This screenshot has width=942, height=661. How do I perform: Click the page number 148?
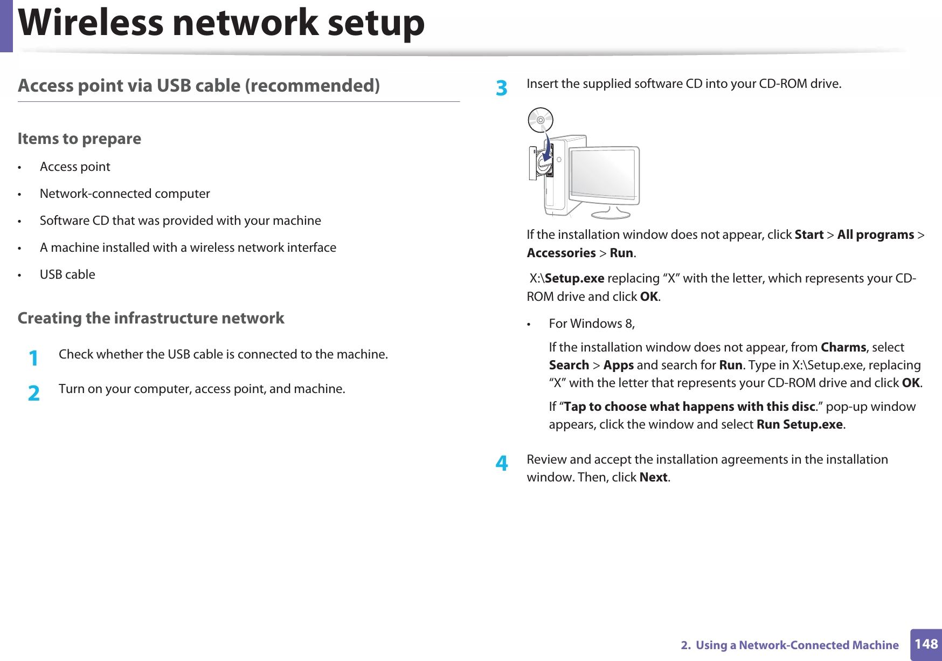pos(926,644)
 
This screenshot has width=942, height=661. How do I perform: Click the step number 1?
pos(34,358)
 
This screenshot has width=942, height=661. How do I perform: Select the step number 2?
pos(34,393)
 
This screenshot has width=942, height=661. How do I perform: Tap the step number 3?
pos(502,88)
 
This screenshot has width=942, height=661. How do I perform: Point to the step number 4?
pos(502,463)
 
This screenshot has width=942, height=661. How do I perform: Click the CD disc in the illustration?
pos(541,120)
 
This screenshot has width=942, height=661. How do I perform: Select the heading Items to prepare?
pos(79,139)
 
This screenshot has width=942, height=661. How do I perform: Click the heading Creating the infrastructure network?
pos(151,318)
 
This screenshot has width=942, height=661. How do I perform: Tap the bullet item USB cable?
pos(67,274)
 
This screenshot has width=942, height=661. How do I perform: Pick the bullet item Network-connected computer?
pos(124,194)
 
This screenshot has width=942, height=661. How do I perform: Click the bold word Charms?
pos(843,347)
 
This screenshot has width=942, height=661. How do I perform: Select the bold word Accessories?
pos(561,253)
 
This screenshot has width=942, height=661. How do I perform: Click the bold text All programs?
pos(875,235)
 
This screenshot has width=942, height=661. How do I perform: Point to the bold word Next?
pos(653,478)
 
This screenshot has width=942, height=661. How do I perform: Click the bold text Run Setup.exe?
pos(799,425)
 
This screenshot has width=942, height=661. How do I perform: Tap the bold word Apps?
pos(618,366)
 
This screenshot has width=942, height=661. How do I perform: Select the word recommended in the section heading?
pos(312,86)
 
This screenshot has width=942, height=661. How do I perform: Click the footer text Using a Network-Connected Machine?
pos(796,645)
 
